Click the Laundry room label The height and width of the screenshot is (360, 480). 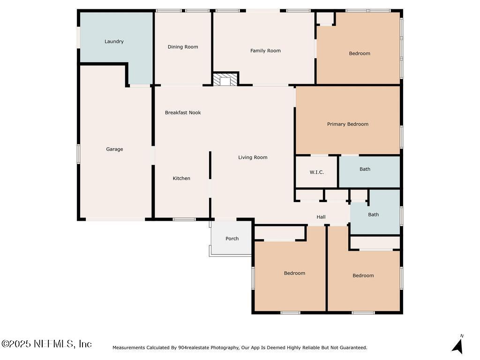114,42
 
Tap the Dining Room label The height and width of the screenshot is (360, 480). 183,47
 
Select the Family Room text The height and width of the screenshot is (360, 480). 265,51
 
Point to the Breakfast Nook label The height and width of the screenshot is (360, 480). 183,112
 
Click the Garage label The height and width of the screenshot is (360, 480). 114,149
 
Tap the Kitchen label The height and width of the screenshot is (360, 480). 181,178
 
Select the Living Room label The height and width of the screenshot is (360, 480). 253,157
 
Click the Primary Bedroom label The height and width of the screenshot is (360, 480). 347,124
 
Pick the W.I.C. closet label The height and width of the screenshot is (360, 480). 316,172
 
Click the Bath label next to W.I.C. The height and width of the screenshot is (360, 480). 365,169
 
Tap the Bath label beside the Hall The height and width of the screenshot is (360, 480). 373,215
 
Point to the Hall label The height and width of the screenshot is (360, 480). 321,217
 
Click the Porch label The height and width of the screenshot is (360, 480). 232,239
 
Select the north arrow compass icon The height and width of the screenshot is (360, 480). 458,345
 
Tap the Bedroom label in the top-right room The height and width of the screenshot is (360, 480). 360,53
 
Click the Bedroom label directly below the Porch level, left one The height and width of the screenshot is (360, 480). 294,273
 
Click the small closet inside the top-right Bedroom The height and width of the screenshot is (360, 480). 326,19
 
